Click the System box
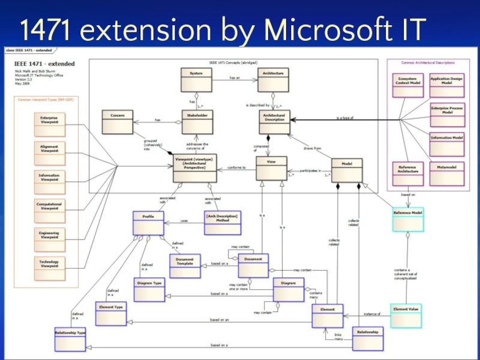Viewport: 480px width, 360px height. (196, 79)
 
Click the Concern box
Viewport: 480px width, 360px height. (117, 121)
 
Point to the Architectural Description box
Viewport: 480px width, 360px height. (275, 122)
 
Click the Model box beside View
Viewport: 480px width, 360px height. (347, 170)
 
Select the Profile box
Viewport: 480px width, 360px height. (148, 223)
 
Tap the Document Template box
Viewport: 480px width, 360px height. (185, 266)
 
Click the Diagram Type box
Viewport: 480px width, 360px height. (148, 289)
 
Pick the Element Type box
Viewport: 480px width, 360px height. (111, 313)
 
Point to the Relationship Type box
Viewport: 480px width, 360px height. (70, 338)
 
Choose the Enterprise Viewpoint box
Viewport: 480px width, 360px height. (49, 124)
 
